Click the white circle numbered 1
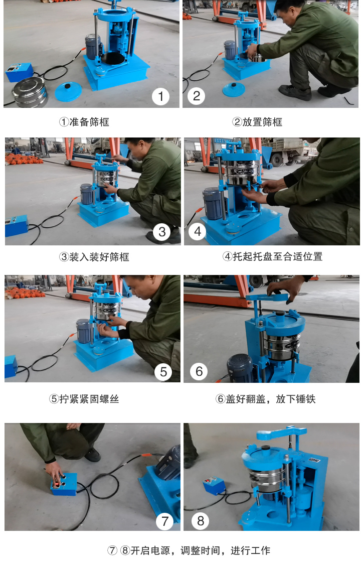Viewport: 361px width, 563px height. [x=160, y=96]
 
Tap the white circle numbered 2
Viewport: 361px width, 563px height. [x=196, y=96]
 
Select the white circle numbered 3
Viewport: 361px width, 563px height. [x=161, y=232]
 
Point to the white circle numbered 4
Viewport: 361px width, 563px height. [x=198, y=232]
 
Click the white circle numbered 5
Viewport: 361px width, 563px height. [x=163, y=371]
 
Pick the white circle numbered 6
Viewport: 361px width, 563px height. [x=199, y=371]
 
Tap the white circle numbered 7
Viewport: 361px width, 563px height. [x=164, y=521]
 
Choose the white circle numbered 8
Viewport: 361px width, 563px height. [x=201, y=521]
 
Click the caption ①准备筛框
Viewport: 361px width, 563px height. [x=84, y=122]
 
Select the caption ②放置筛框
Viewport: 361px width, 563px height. [x=257, y=122]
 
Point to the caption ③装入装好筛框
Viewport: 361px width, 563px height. [x=94, y=257]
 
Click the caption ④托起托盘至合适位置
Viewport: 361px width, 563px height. [x=272, y=256]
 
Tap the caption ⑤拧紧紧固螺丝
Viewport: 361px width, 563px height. [x=84, y=399]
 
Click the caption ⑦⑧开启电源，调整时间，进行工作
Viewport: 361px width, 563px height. [x=189, y=550]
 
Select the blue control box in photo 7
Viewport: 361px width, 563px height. [x=63, y=484]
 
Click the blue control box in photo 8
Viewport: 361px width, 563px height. [x=213, y=486]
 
